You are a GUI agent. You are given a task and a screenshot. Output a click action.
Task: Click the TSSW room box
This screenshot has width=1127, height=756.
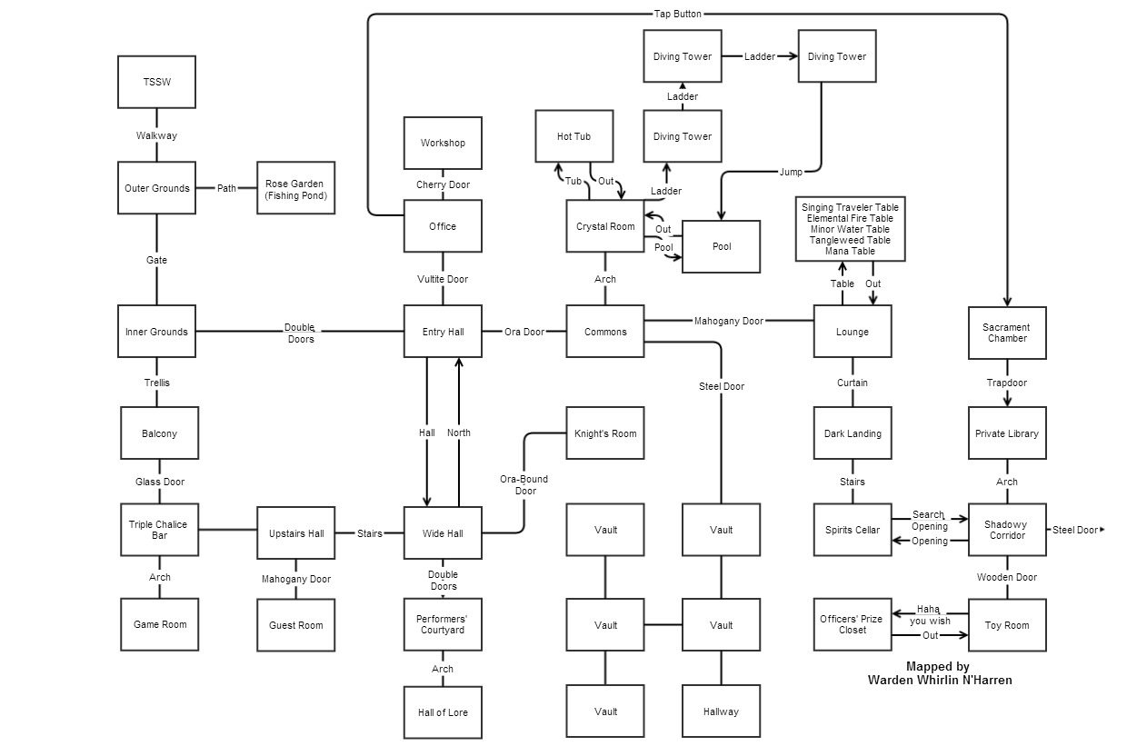pyautogui.click(x=156, y=82)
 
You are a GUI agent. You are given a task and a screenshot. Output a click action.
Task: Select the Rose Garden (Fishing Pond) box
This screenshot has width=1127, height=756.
pyautogui.click(x=295, y=189)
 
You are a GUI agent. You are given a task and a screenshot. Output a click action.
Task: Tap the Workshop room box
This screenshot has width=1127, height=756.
pyautogui.click(x=443, y=144)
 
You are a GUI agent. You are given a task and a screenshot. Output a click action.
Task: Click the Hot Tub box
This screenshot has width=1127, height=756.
pyautogui.click(x=573, y=137)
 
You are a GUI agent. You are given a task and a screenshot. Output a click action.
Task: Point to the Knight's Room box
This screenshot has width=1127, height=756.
pyautogui.click(x=605, y=434)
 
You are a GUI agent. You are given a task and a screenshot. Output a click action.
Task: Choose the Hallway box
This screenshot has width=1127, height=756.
pyautogui.click(x=721, y=712)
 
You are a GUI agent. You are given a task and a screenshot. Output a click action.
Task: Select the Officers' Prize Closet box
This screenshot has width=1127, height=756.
pyautogui.click(x=853, y=625)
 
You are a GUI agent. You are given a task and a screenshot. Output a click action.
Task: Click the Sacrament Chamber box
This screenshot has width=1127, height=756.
pyautogui.click(x=1007, y=333)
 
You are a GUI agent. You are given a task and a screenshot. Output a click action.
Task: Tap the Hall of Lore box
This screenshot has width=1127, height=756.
pyautogui.click(x=443, y=712)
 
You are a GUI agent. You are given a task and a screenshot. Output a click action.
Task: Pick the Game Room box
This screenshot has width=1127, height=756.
pyautogui.click(x=160, y=625)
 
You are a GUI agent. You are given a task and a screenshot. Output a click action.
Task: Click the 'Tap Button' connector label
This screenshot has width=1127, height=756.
pyautogui.click(x=678, y=14)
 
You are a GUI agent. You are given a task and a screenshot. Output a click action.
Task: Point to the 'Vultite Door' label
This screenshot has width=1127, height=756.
pyautogui.click(x=443, y=279)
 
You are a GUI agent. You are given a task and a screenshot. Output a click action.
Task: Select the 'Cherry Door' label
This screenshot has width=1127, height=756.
pyautogui.click(x=443, y=184)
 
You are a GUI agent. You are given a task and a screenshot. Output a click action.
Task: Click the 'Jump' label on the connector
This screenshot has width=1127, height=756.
pyautogui.click(x=792, y=172)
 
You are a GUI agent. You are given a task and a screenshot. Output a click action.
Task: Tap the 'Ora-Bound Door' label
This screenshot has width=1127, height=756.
pyautogui.click(x=525, y=485)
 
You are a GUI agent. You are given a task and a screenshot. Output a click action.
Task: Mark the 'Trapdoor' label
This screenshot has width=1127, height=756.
pyautogui.click(x=1007, y=383)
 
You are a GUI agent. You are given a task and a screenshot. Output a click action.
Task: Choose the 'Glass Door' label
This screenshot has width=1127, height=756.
pyautogui.click(x=160, y=482)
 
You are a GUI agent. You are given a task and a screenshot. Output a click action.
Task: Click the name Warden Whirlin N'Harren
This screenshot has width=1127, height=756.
pyautogui.click(x=940, y=680)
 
